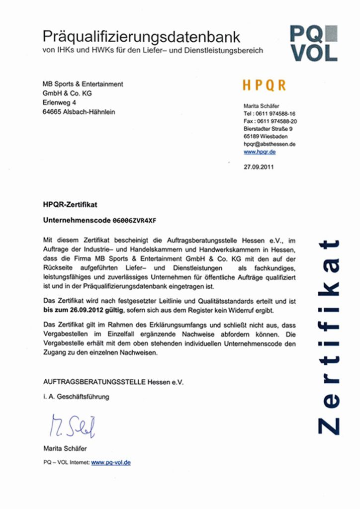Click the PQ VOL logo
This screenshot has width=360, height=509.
[x=314, y=43]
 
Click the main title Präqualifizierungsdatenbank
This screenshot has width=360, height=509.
[x=141, y=36]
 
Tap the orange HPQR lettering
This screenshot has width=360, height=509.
[x=264, y=85]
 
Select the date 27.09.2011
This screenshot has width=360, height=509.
[x=258, y=167]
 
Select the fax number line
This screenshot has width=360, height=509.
[x=270, y=121]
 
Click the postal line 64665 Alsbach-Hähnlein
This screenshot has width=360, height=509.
[x=79, y=112]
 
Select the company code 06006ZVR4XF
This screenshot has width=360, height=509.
[x=137, y=219]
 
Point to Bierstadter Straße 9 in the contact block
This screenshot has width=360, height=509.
[x=268, y=129]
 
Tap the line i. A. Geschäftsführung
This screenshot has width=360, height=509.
[x=76, y=397]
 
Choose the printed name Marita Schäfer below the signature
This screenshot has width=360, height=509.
[x=65, y=449]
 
